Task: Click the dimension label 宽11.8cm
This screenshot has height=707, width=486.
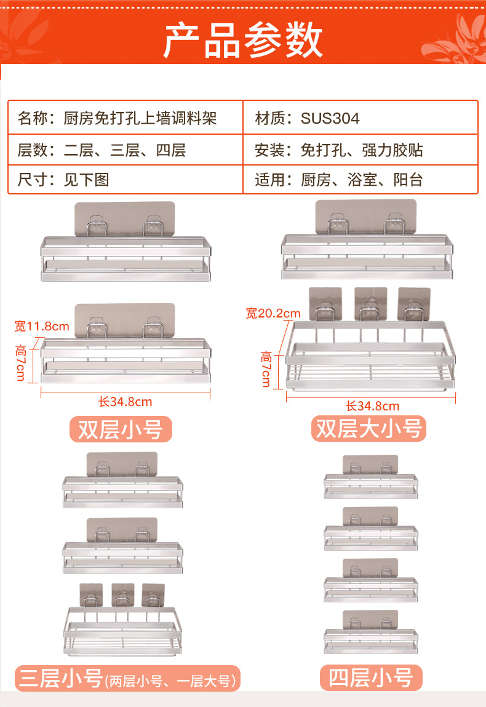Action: pyautogui.click(x=42, y=326)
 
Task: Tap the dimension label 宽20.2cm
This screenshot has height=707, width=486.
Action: pyautogui.click(x=273, y=314)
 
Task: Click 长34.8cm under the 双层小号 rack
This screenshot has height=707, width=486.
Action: pyautogui.click(x=125, y=402)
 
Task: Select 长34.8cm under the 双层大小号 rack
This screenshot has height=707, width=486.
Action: pyautogui.click(x=372, y=406)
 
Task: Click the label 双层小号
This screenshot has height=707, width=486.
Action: pyautogui.click(x=120, y=429)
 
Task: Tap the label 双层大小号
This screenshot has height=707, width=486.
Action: pyautogui.click(x=369, y=428)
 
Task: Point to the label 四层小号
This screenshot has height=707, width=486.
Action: pyautogui.click(x=370, y=677)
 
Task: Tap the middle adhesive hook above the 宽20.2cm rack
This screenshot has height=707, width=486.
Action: pyautogui.click(x=371, y=304)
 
